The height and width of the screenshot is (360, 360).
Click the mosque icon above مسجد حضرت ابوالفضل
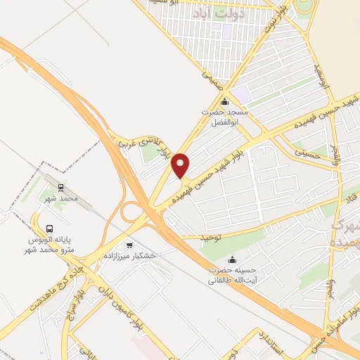coord(224,102)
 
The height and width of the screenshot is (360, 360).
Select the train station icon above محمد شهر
coord(60,188)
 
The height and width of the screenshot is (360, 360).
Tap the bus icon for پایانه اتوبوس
coord(49,229)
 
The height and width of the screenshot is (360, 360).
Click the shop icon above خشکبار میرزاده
coord(129,245)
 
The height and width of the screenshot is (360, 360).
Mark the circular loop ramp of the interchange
coord(131,212)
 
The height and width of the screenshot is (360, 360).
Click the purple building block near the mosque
coord(242,93)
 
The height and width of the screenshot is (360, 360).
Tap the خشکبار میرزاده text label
coord(130,257)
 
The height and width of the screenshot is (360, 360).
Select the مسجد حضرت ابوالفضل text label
coord(224,117)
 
